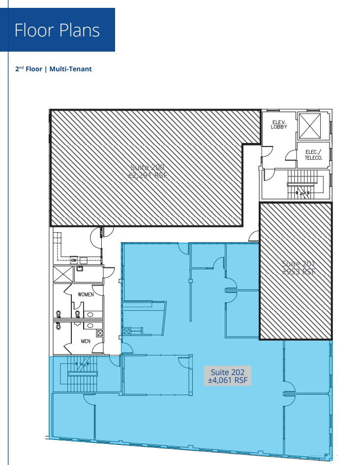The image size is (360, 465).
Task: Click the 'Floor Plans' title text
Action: pyautogui.click(x=57, y=30)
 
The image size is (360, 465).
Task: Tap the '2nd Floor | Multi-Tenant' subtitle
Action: pyautogui.click(x=54, y=69)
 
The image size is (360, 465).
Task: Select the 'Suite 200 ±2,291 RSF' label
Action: pyautogui.click(x=147, y=172)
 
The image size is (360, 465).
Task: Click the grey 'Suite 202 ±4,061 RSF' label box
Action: pyautogui.click(x=228, y=376)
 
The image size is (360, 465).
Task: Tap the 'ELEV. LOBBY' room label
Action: pyautogui.click(x=278, y=124)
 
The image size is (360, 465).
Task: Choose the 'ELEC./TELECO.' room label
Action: pyautogui.click(x=313, y=155)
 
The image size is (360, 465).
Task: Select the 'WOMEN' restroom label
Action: pyautogui.click(x=86, y=295)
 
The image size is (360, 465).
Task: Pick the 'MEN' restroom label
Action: pyautogui.click(x=86, y=341)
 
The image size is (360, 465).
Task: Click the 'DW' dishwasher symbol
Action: pyautogui.click(x=74, y=260)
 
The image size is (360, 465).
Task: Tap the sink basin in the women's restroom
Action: pyautogui.click(x=90, y=313)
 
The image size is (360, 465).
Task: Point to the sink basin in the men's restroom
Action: pyautogui.click(x=90, y=325)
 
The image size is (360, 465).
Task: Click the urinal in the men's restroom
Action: pyautogui.click(x=78, y=324)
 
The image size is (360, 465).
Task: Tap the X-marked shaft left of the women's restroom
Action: pyautogui.click(x=63, y=274)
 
